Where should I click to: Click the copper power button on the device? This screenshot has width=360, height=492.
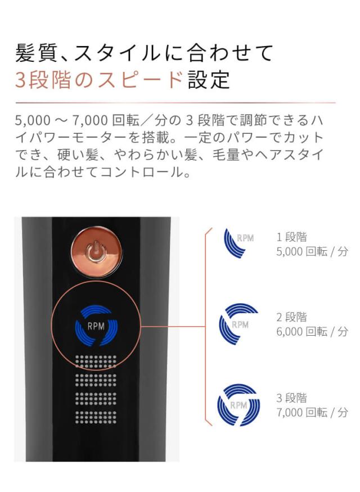96,252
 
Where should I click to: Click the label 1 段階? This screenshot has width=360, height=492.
291,237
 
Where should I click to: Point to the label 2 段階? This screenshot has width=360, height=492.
291,317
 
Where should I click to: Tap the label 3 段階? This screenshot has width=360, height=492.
291,398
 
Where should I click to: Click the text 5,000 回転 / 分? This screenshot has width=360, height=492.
312,251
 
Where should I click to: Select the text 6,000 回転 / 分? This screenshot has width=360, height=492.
312,331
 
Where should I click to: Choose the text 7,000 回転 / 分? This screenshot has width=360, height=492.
312,412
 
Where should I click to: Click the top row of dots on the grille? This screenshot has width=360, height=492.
96,358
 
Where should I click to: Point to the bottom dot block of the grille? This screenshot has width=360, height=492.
96,417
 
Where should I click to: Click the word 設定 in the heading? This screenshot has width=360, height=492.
209,80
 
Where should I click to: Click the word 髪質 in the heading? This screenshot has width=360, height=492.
36,53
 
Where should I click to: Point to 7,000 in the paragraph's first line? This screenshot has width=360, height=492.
90,120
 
